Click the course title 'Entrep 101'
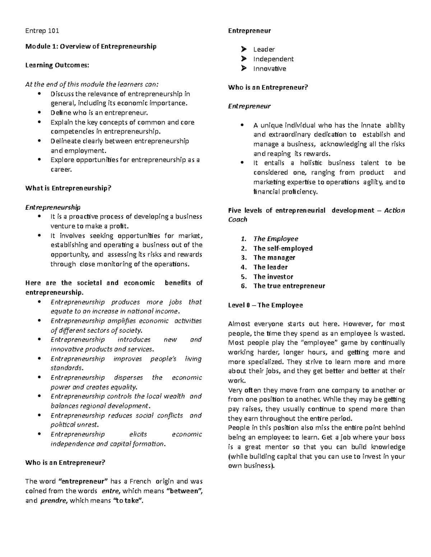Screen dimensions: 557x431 (x=42, y=31)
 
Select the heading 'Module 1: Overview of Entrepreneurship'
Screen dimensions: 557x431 (x=91, y=46)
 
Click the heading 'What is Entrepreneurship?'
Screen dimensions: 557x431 (x=68, y=188)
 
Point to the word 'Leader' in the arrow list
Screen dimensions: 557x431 (x=264, y=49)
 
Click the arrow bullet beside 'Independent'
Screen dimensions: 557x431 (x=244, y=58)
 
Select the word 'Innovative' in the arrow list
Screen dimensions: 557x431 (x=269, y=69)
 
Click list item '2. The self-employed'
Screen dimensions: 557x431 (x=283, y=248)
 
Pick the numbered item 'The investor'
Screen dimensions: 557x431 (x=273, y=277)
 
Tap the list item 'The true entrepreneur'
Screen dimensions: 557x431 (x=289, y=286)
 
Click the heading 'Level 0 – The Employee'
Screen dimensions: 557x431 (x=265, y=305)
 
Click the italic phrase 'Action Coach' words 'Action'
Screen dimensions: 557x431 (x=394, y=211)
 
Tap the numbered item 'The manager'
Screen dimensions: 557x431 (x=274, y=258)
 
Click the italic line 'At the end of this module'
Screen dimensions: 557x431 (x=92, y=84)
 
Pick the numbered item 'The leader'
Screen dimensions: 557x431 (x=270, y=267)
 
